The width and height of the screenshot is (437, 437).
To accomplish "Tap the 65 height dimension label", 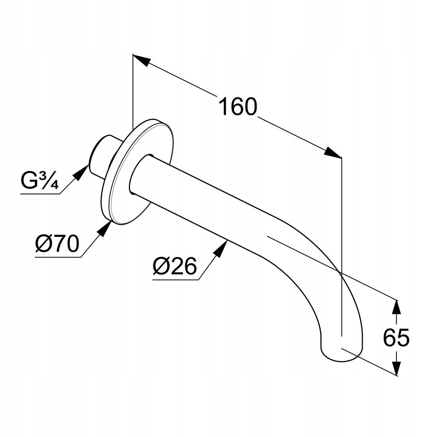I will click(396, 338).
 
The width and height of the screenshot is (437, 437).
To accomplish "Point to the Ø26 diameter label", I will click(175, 266).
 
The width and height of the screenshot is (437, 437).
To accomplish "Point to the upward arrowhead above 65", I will click(396, 307).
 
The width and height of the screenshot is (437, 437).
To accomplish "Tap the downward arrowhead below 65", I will click(396, 368).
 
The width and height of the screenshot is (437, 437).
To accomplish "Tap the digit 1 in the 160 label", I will click(223, 107).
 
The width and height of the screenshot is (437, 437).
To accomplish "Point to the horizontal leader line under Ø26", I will click(175, 279).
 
